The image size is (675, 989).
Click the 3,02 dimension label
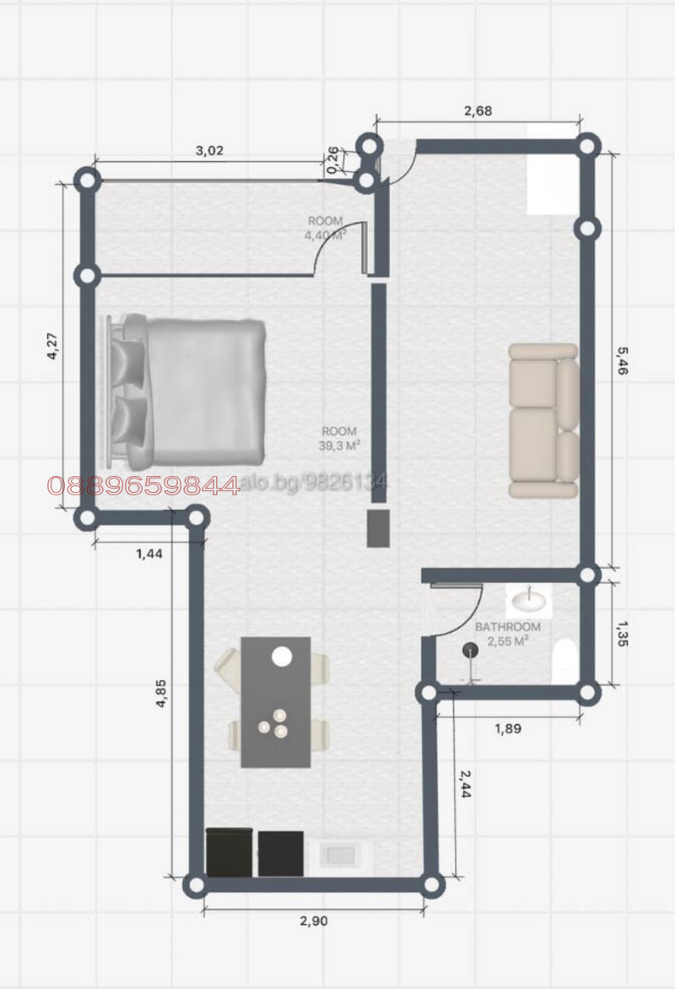[x=209, y=151]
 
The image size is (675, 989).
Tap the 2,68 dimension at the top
[x=478, y=110]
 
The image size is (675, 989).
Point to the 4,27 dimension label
[x=51, y=347]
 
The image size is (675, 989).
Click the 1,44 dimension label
[x=148, y=554]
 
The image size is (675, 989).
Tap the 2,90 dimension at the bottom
[x=314, y=921]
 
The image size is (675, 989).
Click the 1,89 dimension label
[x=508, y=728]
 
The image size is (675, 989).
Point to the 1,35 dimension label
[x=623, y=632]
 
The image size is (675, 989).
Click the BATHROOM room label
[x=507, y=627]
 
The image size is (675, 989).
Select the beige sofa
[x=543, y=419]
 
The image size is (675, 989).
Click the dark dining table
[x=276, y=702]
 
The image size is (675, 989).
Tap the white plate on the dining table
[x=282, y=656]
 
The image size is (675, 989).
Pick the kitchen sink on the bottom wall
[x=342, y=855]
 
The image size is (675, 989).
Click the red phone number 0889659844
[x=143, y=486]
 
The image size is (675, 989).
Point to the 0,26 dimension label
[x=332, y=158]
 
